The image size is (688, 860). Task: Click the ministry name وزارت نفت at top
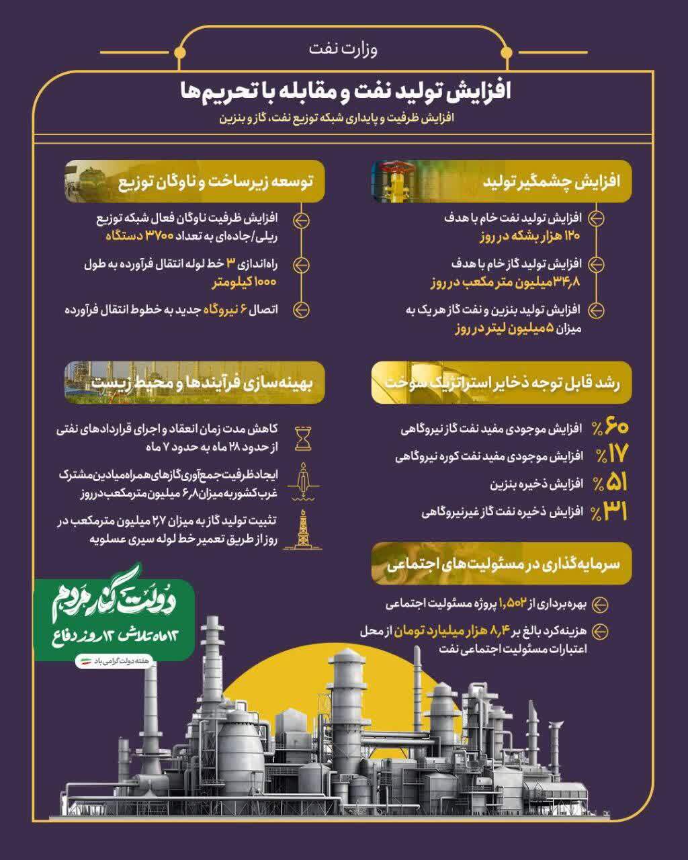pyautogui.click(x=343, y=49)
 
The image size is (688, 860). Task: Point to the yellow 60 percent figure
pyautogui.click(x=609, y=427)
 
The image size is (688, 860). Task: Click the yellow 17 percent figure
pyautogui.click(x=609, y=456)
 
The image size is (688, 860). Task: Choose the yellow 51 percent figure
pyautogui.click(x=609, y=484)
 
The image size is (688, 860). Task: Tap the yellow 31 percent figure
pyautogui.click(x=609, y=512)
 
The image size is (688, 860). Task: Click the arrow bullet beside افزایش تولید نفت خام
pyautogui.click(x=596, y=219)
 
